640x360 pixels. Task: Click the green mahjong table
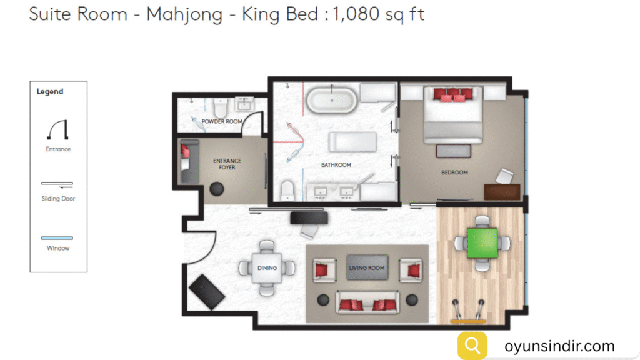482,243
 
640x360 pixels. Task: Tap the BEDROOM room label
454,172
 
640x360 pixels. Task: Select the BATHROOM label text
336,165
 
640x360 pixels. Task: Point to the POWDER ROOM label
222,121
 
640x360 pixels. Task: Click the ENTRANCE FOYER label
227,164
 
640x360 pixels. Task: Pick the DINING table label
267,268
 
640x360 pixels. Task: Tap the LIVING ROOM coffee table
367,267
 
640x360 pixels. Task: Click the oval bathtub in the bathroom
331,99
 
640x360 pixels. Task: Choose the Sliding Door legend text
58,199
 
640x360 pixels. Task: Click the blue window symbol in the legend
57,238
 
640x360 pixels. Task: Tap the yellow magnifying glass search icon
472,346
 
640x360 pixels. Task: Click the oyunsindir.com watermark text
559,346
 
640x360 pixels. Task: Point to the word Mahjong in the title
184,15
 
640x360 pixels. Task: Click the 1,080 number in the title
356,14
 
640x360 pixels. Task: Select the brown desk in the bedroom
502,192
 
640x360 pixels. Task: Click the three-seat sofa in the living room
367,302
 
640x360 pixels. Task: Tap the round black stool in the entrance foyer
217,189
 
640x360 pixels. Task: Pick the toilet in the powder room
220,107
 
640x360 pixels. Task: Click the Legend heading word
50,91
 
